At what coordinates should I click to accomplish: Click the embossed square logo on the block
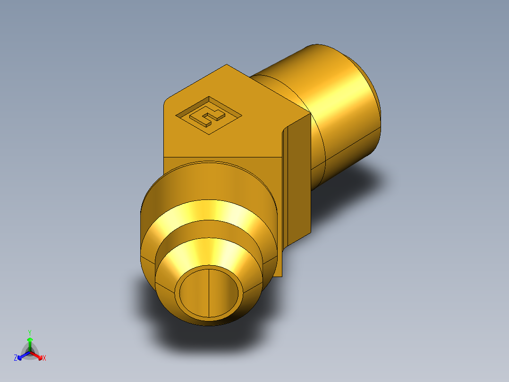(208, 116)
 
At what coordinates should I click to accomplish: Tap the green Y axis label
(30, 332)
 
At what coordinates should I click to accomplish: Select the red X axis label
(44, 358)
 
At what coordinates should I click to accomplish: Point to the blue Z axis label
(16, 358)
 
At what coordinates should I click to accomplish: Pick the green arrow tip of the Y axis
(30, 340)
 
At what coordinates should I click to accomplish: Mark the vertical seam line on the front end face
(209, 293)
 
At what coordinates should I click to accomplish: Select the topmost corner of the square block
(227, 65)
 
